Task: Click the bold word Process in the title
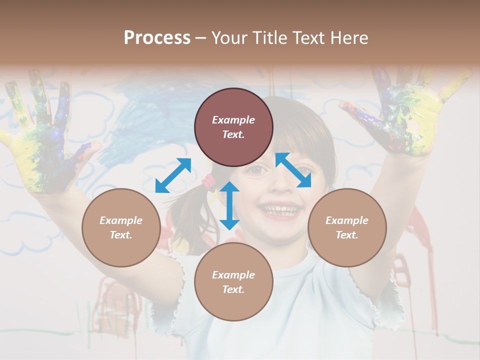[157, 38]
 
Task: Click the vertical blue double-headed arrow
[229, 205]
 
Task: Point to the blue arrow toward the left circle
[173, 175]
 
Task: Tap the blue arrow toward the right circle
[293, 170]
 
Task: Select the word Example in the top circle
[233, 120]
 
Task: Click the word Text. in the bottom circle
[233, 289]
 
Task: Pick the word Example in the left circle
[121, 220]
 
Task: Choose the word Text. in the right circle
[347, 235]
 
